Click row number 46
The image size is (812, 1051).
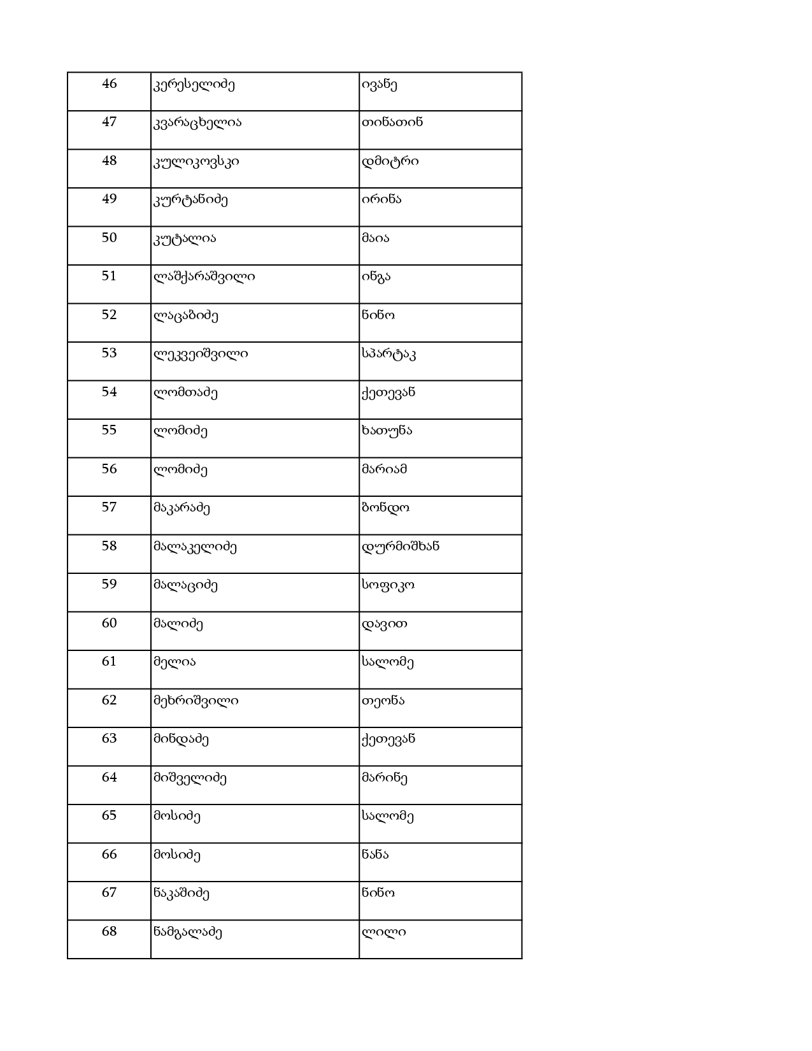click(x=110, y=84)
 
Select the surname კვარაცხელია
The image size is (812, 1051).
click(x=197, y=122)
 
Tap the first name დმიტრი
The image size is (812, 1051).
click(x=390, y=161)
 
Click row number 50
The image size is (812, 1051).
click(x=110, y=238)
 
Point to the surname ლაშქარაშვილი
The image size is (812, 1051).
click(x=204, y=276)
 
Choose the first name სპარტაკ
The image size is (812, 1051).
click(x=388, y=354)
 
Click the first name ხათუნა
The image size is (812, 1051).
click(x=387, y=431)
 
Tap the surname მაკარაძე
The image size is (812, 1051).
click(x=182, y=508)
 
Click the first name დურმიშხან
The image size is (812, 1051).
click(x=400, y=547)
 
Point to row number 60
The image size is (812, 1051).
click(x=110, y=624)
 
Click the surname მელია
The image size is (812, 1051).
click(x=175, y=662)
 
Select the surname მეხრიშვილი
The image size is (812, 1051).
click(x=196, y=701)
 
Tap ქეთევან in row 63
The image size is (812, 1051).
click(x=388, y=739)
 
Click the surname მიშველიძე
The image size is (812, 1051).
click(x=190, y=778)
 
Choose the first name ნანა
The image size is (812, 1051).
click(x=374, y=855)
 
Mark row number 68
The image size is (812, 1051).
click(x=110, y=932)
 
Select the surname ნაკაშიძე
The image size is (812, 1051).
click(x=182, y=893)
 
